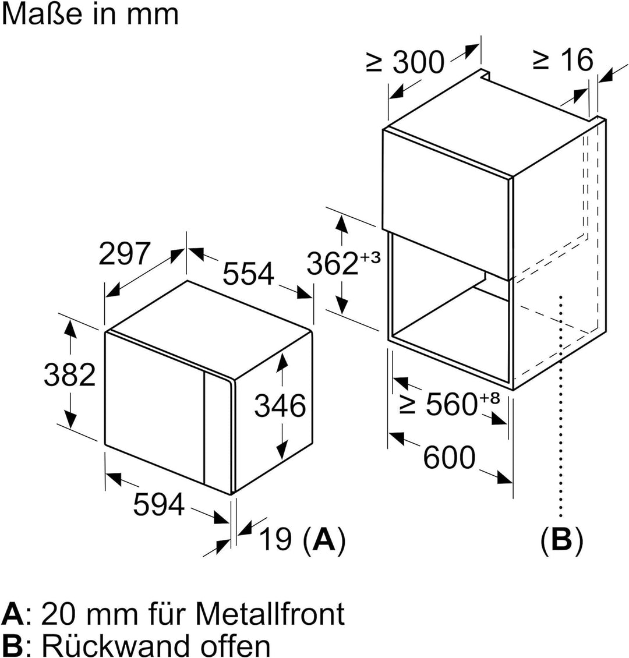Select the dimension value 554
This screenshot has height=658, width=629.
point(249,274)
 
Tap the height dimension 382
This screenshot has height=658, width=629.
point(70,375)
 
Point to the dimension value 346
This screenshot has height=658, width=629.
point(280,406)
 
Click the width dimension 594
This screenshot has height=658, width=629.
point(159,504)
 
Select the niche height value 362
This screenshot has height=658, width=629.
point(333,263)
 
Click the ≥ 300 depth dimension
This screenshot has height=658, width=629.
point(405,62)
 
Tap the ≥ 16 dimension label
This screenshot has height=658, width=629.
point(564,59)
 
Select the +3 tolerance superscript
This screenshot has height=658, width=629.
point(370,256)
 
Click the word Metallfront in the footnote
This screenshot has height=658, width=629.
point(270,614)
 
